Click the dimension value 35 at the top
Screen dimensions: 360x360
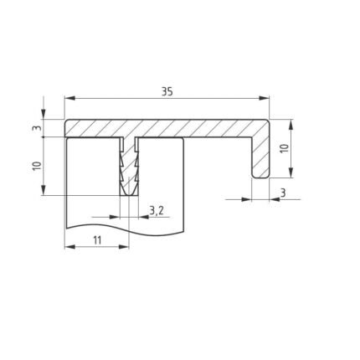(x=167, y=91)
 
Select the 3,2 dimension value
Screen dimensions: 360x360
(x=157, y=211)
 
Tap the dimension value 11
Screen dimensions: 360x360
(x=97, y=240)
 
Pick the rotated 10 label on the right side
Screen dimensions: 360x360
(x=284, y=148)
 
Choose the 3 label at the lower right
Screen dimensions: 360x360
(x=283, y=193)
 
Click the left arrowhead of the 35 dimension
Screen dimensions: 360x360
(x=70, y=98)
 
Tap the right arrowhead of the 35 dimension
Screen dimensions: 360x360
(x=264, y=98)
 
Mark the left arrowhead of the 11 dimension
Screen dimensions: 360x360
(x=70, y=247)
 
